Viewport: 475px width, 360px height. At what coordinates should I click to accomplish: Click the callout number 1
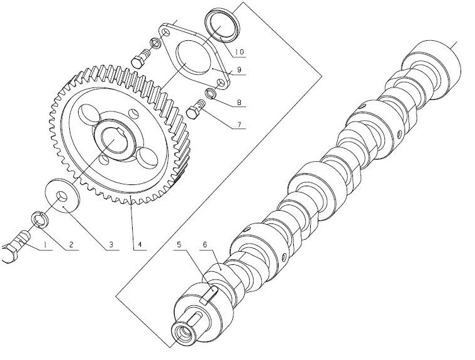(45, 245)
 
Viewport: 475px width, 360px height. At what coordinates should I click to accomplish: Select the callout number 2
(71, 245)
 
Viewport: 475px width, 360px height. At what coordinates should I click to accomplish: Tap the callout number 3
(111, 245)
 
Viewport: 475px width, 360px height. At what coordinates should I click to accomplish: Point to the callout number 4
(140, 245)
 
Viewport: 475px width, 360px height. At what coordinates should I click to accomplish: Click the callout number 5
(179, 245)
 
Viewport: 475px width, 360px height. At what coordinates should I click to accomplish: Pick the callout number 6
(204, 245)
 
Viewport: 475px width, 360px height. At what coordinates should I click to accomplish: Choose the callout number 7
(239, 124)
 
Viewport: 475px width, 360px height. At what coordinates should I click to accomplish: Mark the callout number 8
(239, 103)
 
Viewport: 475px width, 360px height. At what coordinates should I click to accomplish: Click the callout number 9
(239, 70)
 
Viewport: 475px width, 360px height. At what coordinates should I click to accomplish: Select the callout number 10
(238, 52)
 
